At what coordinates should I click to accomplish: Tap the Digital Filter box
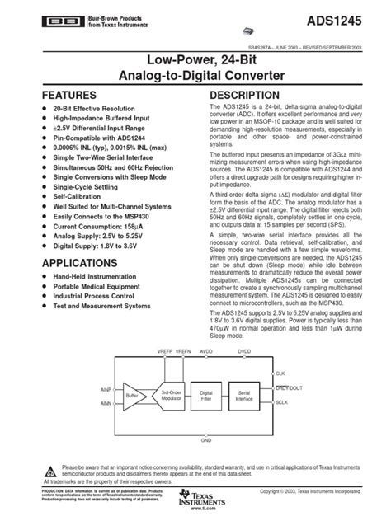(x=206, y=395)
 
